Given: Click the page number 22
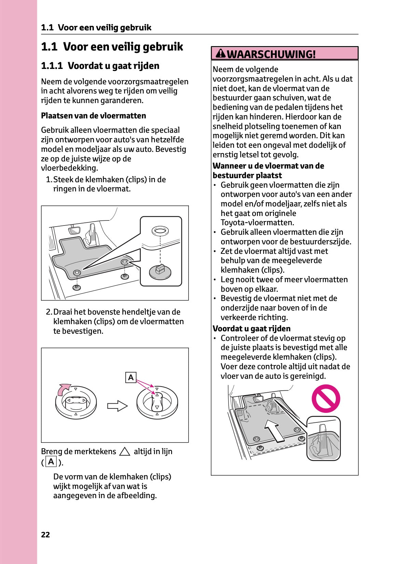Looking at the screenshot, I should [x=45, y=535].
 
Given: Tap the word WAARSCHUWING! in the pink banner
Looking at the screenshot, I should [x=271, y=54].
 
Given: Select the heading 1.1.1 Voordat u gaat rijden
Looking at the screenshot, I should [x=100, y=66].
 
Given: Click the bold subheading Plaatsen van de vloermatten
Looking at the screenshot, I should [x=93, y=116].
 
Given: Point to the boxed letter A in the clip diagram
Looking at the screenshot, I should [x=131, y=378].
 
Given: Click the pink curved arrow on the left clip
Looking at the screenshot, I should [x=64, y=389].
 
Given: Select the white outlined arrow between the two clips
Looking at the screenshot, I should [x=117, y=406].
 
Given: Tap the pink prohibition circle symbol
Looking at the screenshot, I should [x=326, y=399].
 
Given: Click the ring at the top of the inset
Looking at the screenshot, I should [x=160, y=231].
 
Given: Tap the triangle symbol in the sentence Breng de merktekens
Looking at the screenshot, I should [x=125, y=452].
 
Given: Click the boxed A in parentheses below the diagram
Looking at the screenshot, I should [x=51, y=462].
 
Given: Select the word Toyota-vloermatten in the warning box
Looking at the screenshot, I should [x=257, y=222].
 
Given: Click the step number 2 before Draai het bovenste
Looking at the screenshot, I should [x=49, y=312].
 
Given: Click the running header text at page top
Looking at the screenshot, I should [x=96, y=28].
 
